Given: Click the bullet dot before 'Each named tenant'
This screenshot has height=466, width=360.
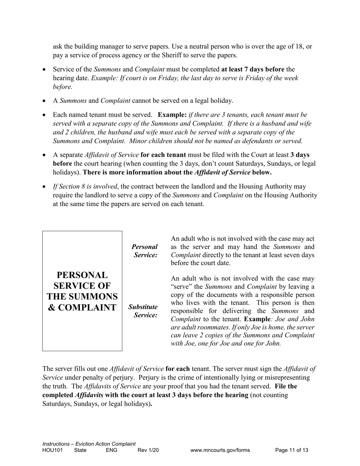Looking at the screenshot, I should click(45, 115).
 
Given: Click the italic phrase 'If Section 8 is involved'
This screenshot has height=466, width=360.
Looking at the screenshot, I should click(85, 186).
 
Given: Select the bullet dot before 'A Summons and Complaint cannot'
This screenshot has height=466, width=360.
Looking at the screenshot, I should click(45, 101).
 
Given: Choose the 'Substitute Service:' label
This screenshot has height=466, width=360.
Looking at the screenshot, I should click(143, 311).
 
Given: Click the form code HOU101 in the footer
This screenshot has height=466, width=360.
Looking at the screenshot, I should click(53, 450).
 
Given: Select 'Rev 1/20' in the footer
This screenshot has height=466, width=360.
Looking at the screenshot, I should click(148, 450).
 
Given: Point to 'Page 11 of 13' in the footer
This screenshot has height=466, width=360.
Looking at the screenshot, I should click(291, 450).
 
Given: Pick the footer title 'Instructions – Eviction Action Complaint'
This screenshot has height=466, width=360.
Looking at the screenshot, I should click(89, 444).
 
